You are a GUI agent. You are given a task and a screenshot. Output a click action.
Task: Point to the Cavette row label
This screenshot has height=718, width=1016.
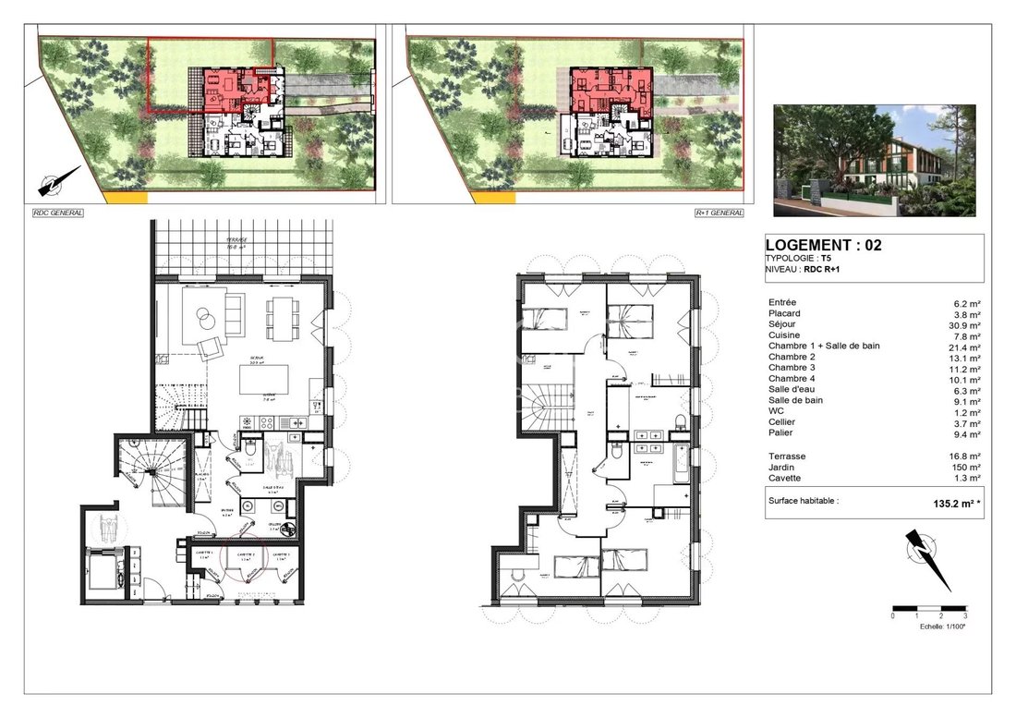point(785,479)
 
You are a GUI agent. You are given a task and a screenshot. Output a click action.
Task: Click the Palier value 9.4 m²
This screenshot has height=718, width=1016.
point(967,432)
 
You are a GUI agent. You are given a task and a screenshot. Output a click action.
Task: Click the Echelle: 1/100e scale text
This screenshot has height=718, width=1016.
point(941,627)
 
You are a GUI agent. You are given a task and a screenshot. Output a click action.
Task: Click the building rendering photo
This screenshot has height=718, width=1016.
point(874,160)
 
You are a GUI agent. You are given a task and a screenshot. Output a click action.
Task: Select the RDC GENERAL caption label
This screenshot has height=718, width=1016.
point(57,213)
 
